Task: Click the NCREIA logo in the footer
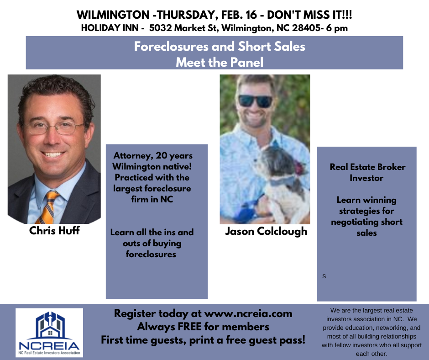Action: (x=49, y=333)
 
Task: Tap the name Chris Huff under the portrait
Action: (x=54, y=231)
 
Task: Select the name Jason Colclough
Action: (x=266, y=232)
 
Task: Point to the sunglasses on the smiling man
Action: (x=255, y=101)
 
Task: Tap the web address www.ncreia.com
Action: (x=248, y=314)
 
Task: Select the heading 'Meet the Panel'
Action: (x=220, y=62)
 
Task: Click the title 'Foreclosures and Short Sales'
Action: (x=220, y=46)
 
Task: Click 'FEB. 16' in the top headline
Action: (x=239, y=15)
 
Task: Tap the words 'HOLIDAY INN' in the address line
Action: (x=110, y=28)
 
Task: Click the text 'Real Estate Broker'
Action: (x=367, y=167)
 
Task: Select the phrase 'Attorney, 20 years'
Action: (x=153, y=156)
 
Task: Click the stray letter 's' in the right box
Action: (x=324, y=276)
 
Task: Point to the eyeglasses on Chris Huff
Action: (x=55, y=127)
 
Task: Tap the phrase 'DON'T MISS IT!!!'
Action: (x=309, y=15)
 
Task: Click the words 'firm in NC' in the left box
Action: (x=152, y=199)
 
